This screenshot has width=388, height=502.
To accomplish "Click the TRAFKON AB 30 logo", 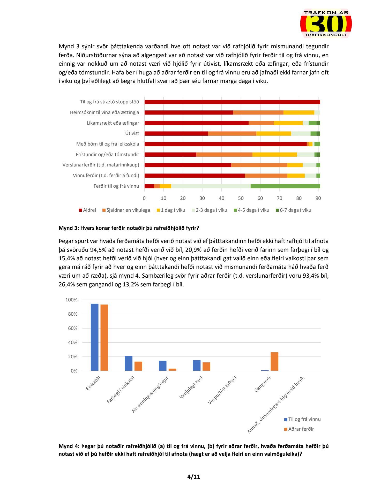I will coord(326,24).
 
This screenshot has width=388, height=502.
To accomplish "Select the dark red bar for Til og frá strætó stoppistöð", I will coord(232,102).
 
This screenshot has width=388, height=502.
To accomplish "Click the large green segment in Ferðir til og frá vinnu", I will coord(285,186).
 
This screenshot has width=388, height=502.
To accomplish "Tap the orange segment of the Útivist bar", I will coord(232,133).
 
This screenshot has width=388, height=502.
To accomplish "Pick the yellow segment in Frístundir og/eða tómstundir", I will coord(274,155).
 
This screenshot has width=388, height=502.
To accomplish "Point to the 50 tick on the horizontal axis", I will coord(241,198).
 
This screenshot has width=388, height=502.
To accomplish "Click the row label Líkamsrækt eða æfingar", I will coord(113,123).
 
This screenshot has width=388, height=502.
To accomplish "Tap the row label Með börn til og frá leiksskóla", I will coord(107,144).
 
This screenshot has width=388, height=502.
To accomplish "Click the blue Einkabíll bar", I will coord(94,337).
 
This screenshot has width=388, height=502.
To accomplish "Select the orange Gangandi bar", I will coord(274,361).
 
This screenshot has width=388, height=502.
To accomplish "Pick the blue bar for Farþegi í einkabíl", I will coord(129,363).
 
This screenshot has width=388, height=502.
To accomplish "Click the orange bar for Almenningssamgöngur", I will coord(172,369).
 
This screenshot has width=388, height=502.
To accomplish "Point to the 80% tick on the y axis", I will coord(71,314).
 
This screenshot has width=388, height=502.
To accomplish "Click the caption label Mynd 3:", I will coord(69,228).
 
